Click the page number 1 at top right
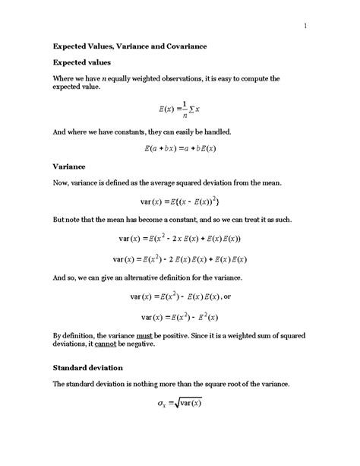click(x=305, y=28)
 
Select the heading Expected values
click(x=81, y=62)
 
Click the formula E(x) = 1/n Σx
click(x=180, y=111)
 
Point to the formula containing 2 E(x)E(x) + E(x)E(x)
click(x=179, y=259)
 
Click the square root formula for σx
click(x=179, y=404)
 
